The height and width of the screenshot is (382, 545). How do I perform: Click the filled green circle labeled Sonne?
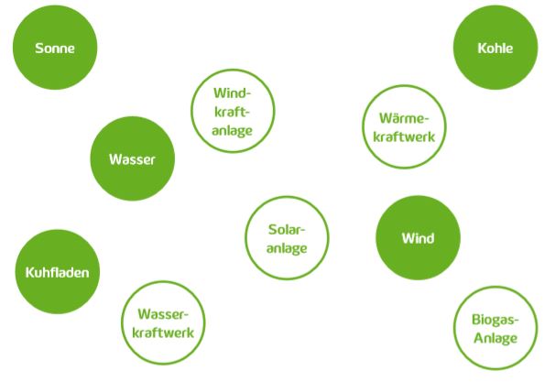(55, 48)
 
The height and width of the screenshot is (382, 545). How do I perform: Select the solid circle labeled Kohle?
(496, 48)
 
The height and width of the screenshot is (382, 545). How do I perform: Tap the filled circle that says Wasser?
(133, 158)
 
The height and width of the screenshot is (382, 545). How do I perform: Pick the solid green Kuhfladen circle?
(58, 271)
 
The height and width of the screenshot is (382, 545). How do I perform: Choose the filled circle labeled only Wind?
(418, 238)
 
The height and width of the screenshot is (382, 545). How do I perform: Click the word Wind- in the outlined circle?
(232, 93)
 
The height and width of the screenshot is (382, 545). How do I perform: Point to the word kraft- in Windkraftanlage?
(232, 112)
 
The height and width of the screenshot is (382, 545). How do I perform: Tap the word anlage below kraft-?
(232, 131)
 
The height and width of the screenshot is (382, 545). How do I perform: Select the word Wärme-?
(404, 118)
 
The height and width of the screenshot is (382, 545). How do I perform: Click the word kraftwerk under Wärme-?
(404, 136)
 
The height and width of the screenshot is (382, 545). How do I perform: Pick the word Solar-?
(287, 229)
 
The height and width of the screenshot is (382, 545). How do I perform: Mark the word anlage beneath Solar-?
(287, 248)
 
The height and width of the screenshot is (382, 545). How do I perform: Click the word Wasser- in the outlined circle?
(163, 314)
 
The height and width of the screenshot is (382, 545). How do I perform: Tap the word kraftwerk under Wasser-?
(163, 333)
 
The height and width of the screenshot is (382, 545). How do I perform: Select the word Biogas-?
(496, 320)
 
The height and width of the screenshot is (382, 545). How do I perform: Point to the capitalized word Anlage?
(496, 338)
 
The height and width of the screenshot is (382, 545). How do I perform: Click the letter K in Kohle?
(482, 48)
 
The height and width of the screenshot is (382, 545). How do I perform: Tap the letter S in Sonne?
(38, 48)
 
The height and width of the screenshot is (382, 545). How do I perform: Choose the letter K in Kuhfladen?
(30, 272)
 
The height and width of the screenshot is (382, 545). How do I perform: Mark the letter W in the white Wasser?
(115, 159)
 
